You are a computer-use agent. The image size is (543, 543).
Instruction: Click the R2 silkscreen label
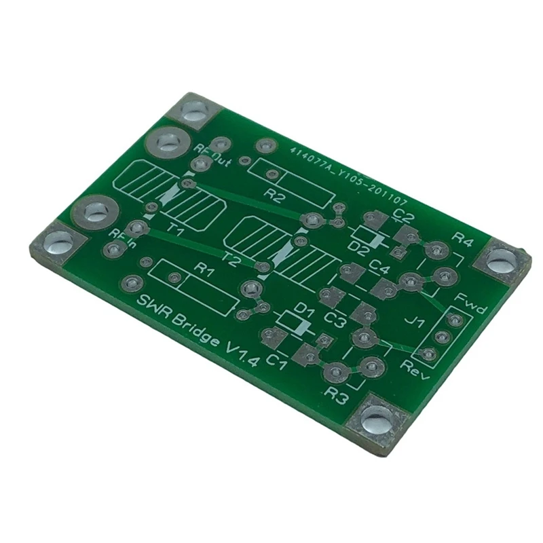point(274,197)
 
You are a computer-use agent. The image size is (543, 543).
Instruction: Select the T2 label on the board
point(232,258)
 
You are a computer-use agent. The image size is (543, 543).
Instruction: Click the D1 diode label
point(306,312)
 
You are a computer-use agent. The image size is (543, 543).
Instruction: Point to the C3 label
point(335,318)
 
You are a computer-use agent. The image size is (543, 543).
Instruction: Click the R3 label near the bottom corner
point(337,396)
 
